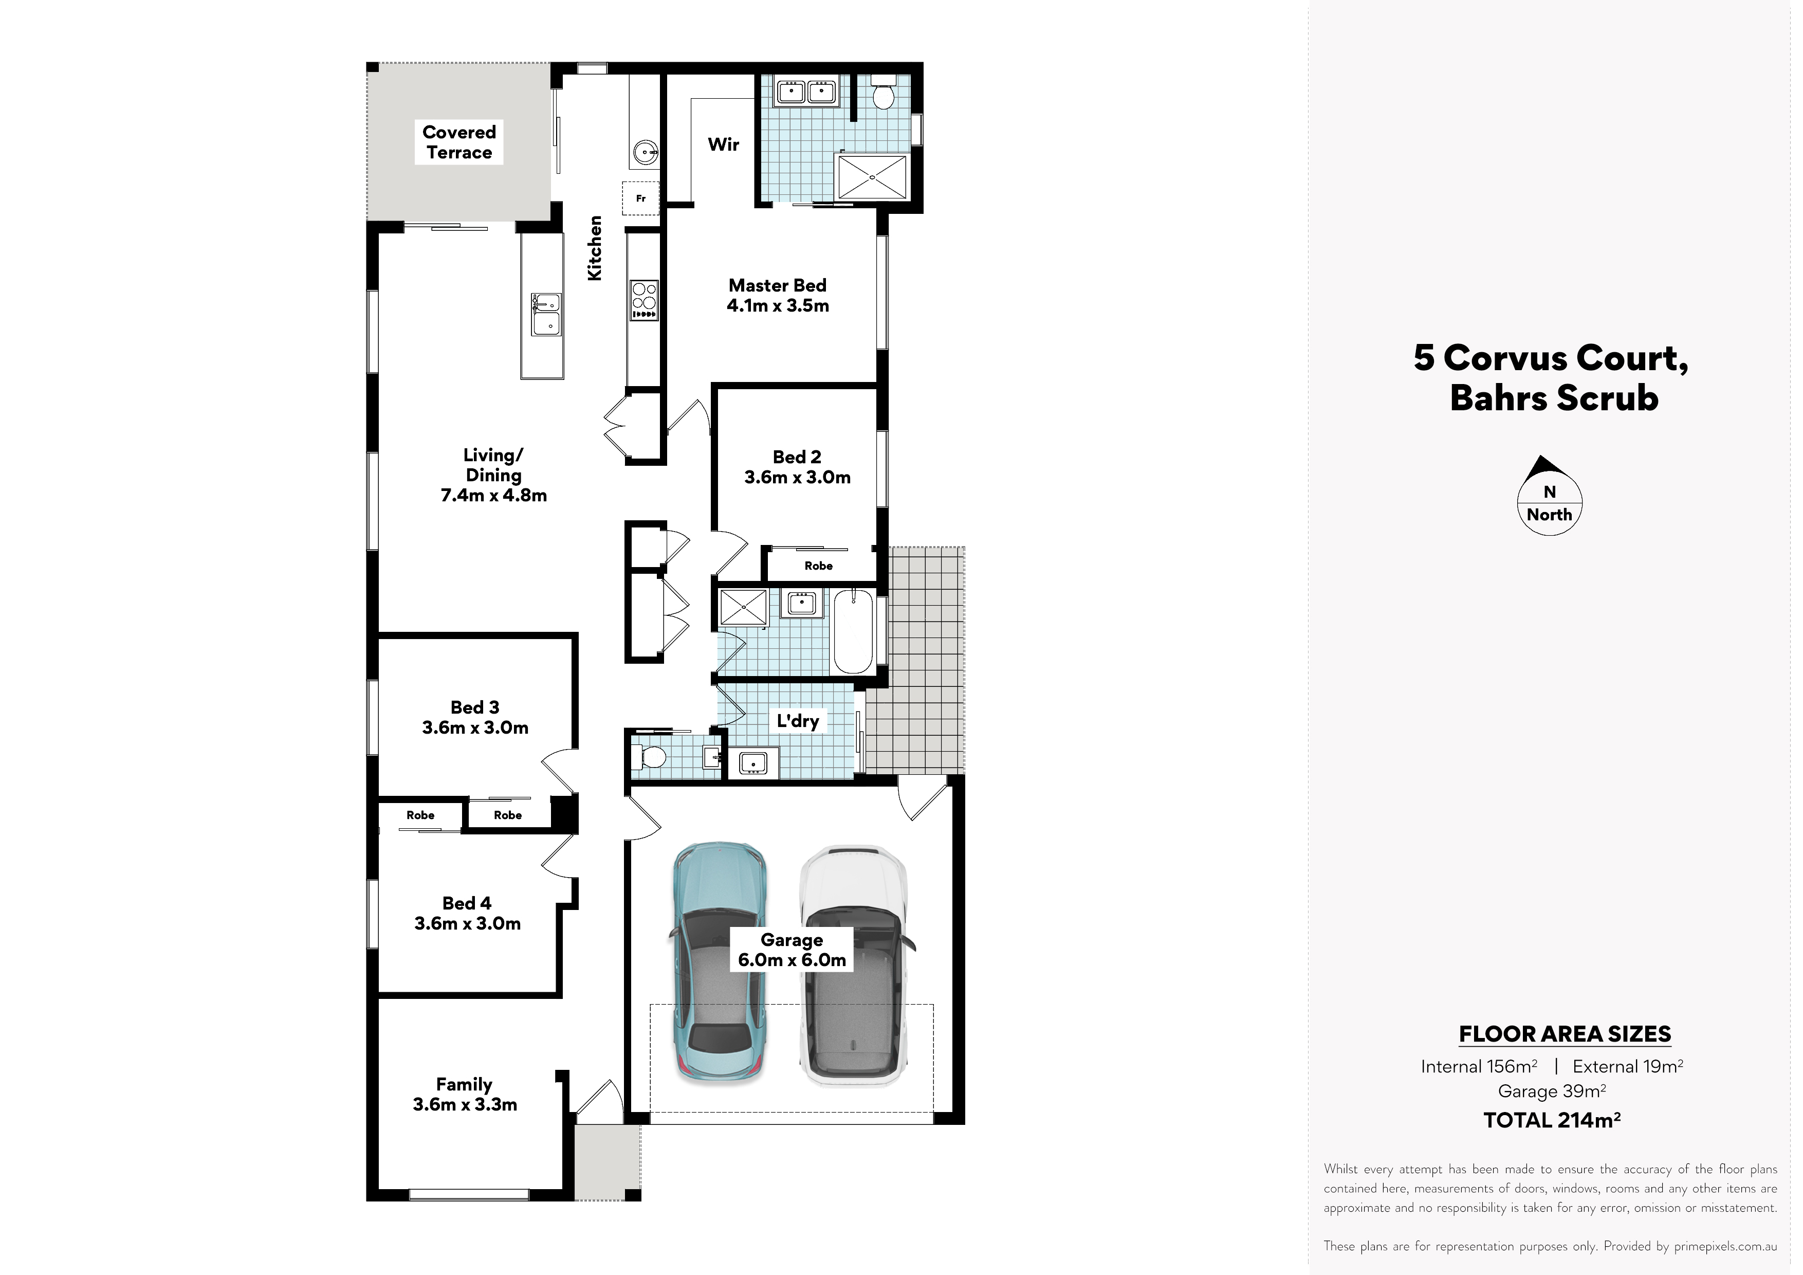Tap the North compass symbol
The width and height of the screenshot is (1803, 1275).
click(x=1549, y=496)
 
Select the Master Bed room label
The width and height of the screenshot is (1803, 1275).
click(x=778, y=296)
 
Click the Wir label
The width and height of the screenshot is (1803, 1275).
click(x=723, y=144)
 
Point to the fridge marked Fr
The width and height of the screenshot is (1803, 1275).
click(x=641, y=198)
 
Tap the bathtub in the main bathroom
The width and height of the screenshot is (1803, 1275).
click(x=853, y=632)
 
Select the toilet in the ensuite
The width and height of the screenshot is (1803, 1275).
click(x=884, y=93)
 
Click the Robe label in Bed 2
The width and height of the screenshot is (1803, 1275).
click(x=818, y=566)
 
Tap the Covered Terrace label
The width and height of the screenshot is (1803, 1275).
click(x=459, y=142)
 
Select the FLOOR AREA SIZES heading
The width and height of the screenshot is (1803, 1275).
click(x=1565, y=1034)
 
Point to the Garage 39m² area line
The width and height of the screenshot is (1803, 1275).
click(x=1552, y=1090)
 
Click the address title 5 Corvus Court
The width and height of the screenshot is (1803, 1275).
click(x=1551, y=358)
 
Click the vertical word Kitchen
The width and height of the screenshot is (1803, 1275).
click(x=595, y=248)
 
